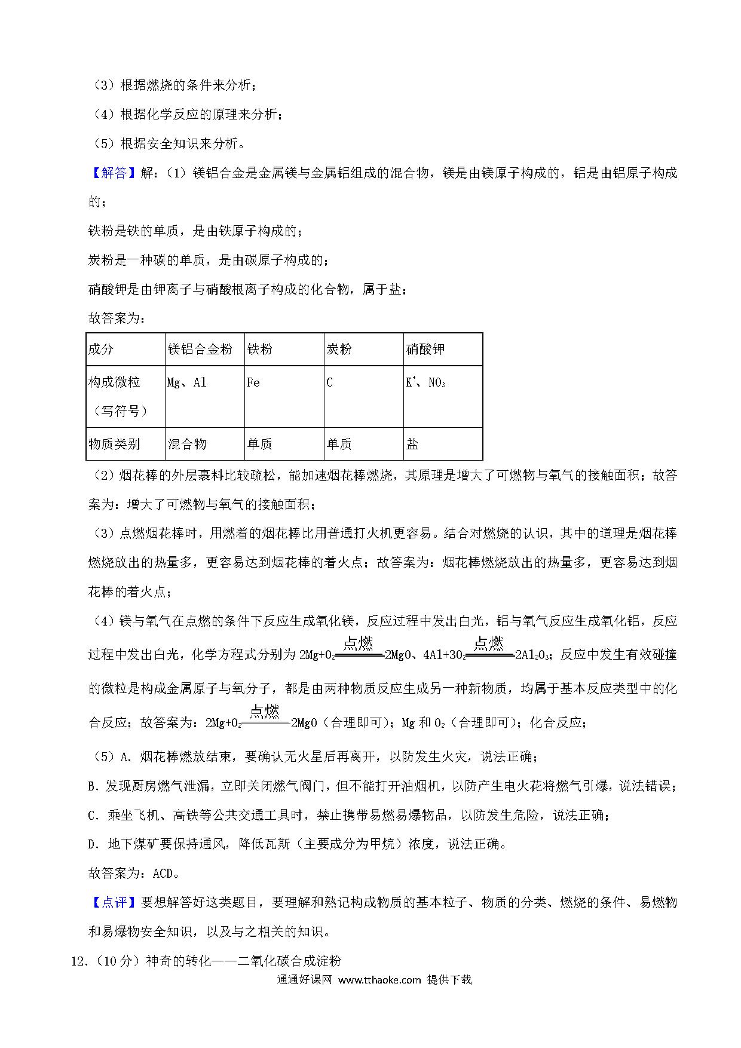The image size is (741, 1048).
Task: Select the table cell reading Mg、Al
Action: point(187,382)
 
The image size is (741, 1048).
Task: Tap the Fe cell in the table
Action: point(253,382)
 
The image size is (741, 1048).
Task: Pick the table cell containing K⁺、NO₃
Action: point(425,382)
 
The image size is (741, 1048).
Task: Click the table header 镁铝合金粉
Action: point(200,350)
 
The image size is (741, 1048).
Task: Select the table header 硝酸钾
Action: point(425,350)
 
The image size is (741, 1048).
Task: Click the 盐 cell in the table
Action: point(412,444)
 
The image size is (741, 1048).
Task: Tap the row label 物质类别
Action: point(114,444)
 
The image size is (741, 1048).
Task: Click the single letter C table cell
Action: point(329,382)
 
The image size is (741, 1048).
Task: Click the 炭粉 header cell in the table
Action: point(339,350)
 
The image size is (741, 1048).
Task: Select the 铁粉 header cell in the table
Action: point(259,350)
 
